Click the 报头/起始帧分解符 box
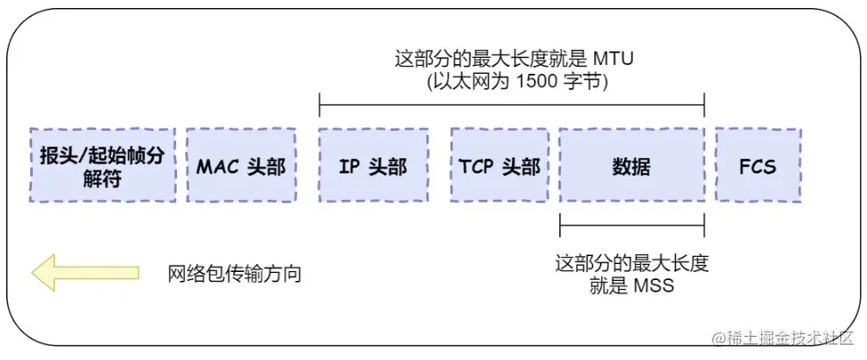102,166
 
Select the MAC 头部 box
241,166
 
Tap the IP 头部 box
373,166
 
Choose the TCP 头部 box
500,166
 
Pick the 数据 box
631,166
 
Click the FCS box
758,166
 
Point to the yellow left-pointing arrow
85,273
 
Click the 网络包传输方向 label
235,273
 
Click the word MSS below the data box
654,286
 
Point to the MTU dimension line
511,108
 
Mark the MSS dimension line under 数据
631,226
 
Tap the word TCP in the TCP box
477,166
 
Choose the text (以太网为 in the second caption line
469,82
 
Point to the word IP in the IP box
349,166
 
